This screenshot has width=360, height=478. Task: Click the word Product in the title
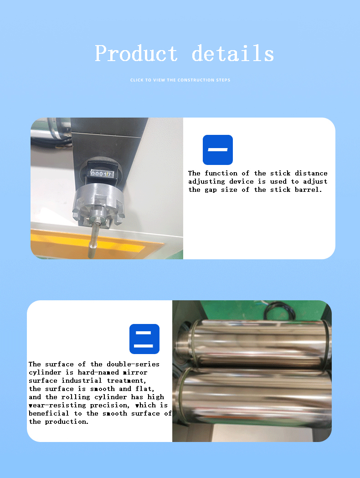[x=136, y=54]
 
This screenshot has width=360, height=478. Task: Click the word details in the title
[x=233, y=53]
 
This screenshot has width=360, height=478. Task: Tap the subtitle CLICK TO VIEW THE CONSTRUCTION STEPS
[x=180, y=80]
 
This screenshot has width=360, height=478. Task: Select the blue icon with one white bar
[x=218, y=149]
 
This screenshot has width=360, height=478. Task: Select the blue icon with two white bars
[x=144, y=339]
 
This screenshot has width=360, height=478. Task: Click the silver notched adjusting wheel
[x=98, y=205]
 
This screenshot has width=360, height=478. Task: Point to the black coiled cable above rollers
[x=279, y=310]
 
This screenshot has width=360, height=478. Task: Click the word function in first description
[x=221, y=173]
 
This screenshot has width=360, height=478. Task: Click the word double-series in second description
[x=133, y=364]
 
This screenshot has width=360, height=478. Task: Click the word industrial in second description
[x=82, y=380]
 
